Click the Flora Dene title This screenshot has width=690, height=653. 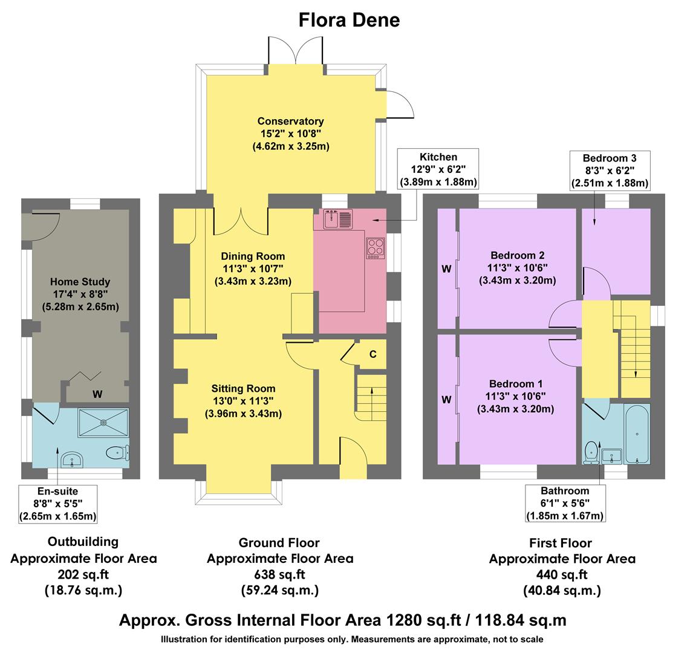tap(349, 20)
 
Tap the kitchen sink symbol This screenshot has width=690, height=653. tap(337, 219)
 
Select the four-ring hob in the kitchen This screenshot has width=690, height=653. tap(376, 247)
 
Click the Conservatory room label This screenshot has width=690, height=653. tap(290, 122)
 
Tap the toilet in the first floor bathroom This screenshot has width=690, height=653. tap(591, 452)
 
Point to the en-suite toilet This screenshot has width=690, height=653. tap(116, 452)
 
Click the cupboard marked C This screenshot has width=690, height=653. tap(373, 354)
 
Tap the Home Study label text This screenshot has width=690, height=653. tap(80, 282)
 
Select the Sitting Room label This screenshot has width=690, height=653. tap(243, 389)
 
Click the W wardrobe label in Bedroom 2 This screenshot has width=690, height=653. tap(446, 269)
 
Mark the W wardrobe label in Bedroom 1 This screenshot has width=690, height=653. tap(446, 400)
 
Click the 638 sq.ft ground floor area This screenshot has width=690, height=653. tap(279, 574)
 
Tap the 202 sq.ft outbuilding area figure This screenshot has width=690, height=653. tap(83, 574)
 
